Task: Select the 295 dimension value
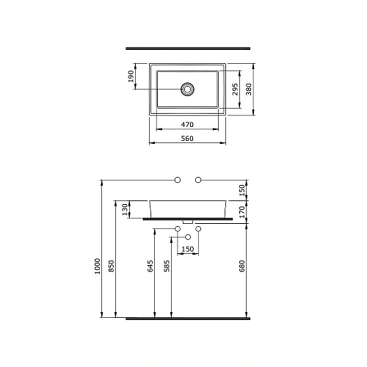[x=236, y=90]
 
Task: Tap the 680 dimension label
[x=244, y=265]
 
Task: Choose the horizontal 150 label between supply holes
[x=188, y=250]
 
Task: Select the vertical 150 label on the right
[x=244, y=189]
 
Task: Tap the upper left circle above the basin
[x=177, y=180]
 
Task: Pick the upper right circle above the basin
[x=199, y=180]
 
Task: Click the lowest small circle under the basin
[x=189, y=237]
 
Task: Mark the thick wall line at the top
[x=188, y=49]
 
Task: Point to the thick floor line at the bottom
[x=188, y=319]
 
